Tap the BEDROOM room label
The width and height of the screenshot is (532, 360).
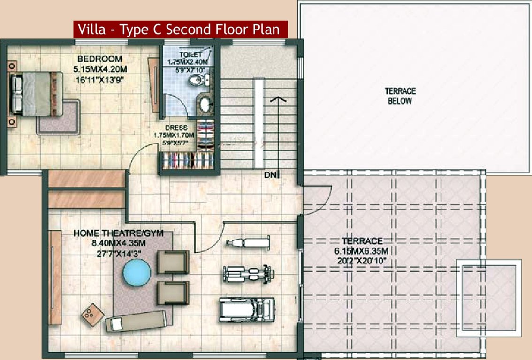click(99, 59)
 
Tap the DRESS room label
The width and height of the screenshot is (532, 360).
click(176, 127)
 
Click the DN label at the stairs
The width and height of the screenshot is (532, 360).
click(269, 175)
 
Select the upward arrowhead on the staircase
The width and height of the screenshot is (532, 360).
click(279, 99)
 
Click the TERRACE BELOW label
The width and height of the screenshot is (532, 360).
click(400, 96)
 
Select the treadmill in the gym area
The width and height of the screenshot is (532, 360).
click(246, 309)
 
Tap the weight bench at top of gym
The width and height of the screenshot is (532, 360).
click(248, 242)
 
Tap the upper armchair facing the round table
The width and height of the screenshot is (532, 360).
click(173, 262)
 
